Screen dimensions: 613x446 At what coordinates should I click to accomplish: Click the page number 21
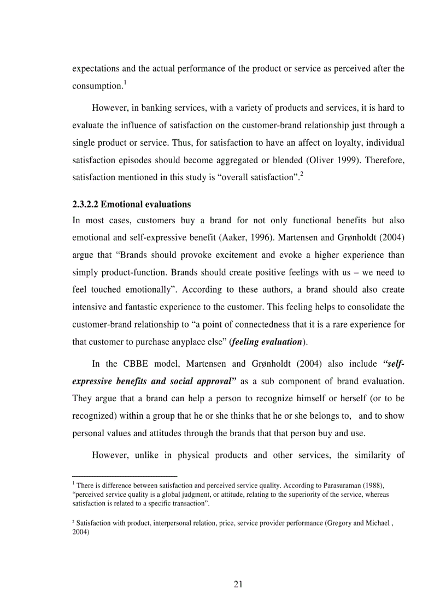238,584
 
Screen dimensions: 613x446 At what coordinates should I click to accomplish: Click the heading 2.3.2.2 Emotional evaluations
132,205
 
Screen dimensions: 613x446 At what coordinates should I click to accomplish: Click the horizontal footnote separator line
125,476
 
